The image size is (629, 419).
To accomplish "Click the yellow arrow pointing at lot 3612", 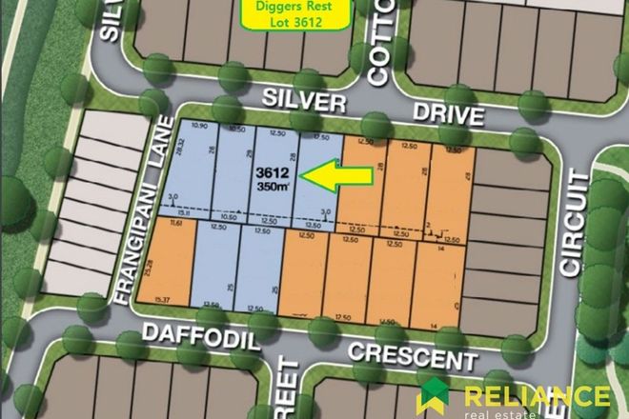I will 333,174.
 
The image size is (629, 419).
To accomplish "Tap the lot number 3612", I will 272,172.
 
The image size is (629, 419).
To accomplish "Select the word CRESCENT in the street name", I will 411,356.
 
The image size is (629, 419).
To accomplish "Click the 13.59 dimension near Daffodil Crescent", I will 212,306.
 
